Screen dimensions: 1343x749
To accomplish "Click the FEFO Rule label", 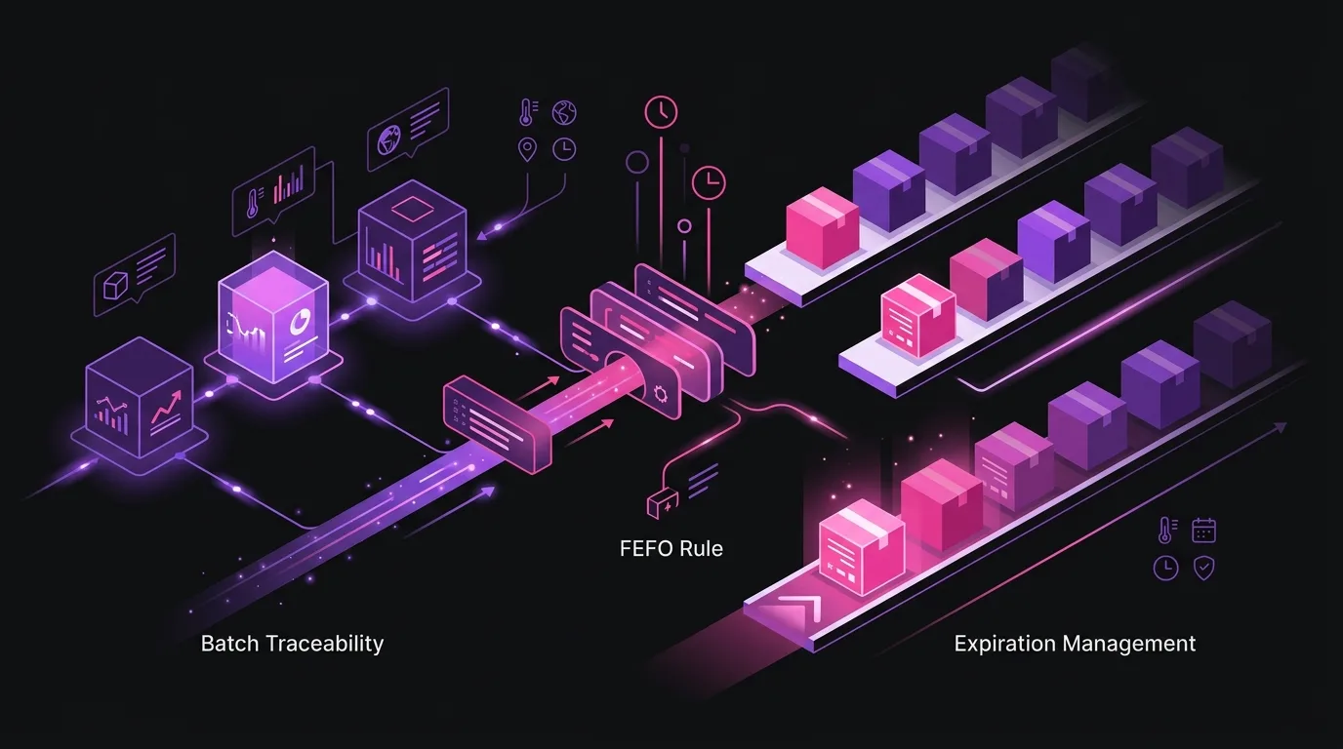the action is point(671,548).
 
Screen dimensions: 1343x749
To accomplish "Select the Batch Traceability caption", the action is point(292,644).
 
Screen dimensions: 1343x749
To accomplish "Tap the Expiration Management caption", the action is point(1075,644).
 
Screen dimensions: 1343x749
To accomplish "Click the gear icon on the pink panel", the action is point(661,394).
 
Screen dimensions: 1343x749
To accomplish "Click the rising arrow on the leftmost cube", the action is point(166,407).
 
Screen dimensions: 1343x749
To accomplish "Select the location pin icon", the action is point(527,149).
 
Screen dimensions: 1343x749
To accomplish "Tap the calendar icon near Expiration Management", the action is point(1203,531).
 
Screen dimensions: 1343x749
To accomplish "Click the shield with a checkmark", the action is point(1203,568).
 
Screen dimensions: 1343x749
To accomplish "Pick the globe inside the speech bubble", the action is point(391,141).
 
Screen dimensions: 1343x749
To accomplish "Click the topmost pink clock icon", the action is point(661,111).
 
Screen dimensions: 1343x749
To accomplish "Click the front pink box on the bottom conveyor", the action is point(862,546).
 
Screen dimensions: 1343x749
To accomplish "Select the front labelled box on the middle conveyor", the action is point(918,315).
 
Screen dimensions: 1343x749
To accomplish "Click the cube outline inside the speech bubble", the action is point(115,286).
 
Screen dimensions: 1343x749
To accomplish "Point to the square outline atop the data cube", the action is point(411,210).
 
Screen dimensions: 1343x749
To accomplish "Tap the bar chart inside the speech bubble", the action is point(288,184).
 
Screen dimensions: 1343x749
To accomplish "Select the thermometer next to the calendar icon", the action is point(1166,531).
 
